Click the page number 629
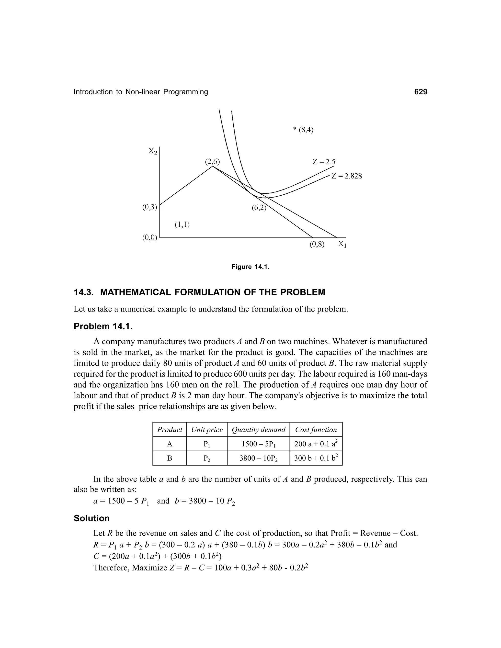420,92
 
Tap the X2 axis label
153,151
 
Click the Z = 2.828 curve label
347,176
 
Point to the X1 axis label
342,244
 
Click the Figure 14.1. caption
250,267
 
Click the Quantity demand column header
258,430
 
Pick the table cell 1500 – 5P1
258,444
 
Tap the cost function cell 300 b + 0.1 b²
316,458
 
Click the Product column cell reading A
170,444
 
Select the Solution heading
92,518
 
